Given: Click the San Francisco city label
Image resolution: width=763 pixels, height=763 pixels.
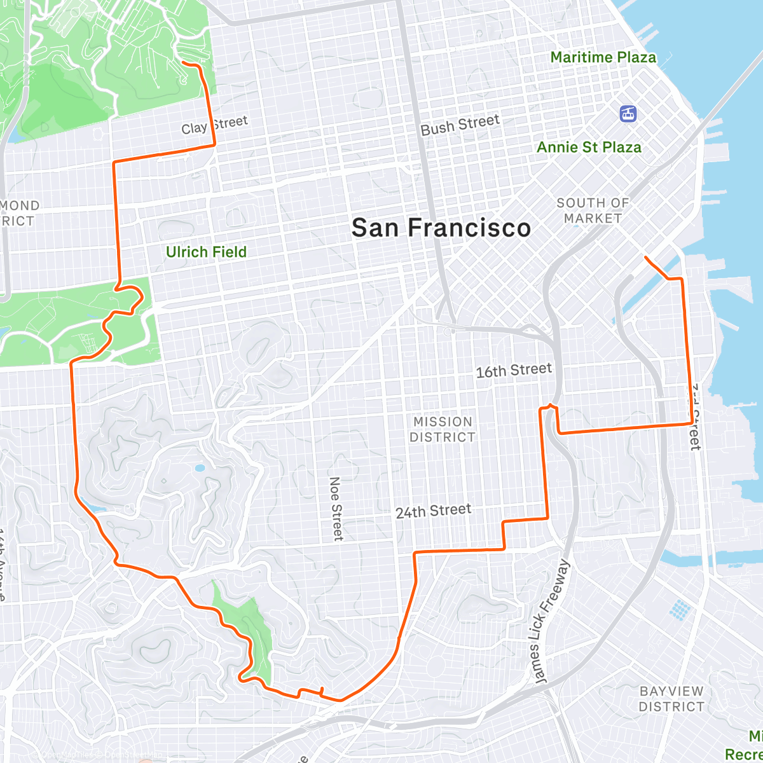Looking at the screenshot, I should coord(441,228).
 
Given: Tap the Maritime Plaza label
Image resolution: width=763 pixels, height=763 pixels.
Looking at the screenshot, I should coord(603,57).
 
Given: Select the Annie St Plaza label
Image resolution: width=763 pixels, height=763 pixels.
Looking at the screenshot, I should coord(589,148).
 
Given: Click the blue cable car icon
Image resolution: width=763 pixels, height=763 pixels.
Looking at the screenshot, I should coord(628,114).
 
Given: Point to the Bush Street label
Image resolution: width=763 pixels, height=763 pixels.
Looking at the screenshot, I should coord(460,125).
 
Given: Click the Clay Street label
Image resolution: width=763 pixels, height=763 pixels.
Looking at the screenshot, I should coord(214,125).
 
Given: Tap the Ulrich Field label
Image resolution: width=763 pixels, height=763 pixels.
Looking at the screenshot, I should coord(206,252).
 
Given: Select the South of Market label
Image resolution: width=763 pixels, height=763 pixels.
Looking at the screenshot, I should coord(593,210).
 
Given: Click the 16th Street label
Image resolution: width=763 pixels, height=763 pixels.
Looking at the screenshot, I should coord(514,370).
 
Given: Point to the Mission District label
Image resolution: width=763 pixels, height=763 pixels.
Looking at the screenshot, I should coord(443,429).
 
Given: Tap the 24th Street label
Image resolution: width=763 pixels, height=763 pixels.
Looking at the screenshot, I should coord(433,511).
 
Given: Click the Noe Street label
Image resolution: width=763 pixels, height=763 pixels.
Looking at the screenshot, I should coord(336,509).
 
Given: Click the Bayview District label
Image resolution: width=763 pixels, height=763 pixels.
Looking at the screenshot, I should coord(671,699).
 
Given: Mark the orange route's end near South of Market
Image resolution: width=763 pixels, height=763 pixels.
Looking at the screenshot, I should coord(645,257).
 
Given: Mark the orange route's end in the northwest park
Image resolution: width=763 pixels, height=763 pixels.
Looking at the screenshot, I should coord(183,62).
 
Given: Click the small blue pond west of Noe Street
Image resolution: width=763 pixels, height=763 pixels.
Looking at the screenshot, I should coord(200,468).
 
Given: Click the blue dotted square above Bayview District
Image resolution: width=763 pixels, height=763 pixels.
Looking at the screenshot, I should coord(679,609).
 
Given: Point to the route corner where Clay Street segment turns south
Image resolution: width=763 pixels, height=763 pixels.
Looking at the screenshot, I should coord(114,163).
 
